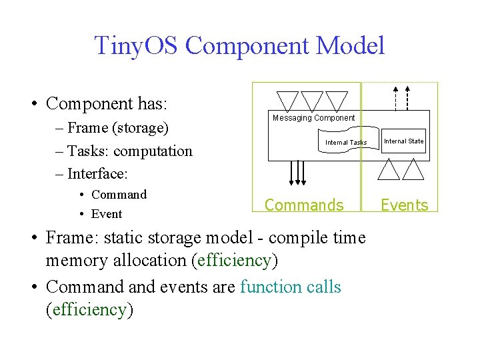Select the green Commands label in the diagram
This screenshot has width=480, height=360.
click(x=304, y=205)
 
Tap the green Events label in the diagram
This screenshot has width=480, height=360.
click(x=405, y=205)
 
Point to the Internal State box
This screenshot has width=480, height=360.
click(x=403, y=141)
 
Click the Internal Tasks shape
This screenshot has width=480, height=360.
click(x=346, y=143)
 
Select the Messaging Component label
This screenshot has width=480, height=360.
click(x=313, y=118)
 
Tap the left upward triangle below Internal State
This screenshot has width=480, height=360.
click(x=389, y=170)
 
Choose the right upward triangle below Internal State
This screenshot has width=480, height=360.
click(x=413, y=170)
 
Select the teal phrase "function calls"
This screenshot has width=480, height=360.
click(x=290, y=287)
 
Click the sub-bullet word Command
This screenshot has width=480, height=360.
click(x=119, y=195)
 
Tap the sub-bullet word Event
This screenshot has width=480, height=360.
click(x=107, y=214)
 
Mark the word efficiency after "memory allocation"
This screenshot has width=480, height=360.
click(x=233, y=261)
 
